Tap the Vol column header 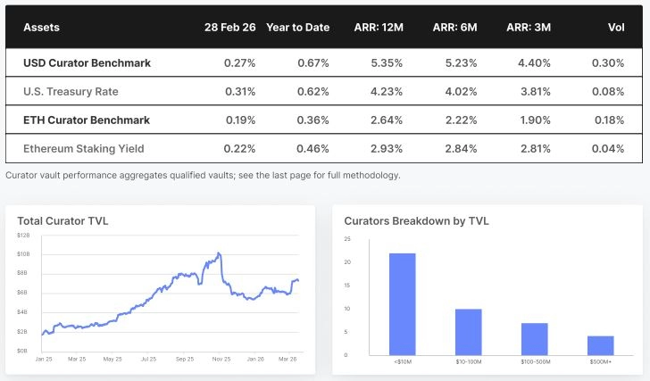coord(616,28)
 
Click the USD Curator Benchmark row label coord(87,63)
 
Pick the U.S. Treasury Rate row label coord(71,91)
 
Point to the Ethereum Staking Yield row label coord(86,148)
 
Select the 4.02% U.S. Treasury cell coord(459,91)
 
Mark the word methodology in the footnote coord(375,175)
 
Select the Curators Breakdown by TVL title coord(417,220)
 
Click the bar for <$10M coord(402,303)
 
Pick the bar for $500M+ coord(600,344)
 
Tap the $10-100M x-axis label coord(468,360)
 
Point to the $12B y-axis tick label coord(23,235)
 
